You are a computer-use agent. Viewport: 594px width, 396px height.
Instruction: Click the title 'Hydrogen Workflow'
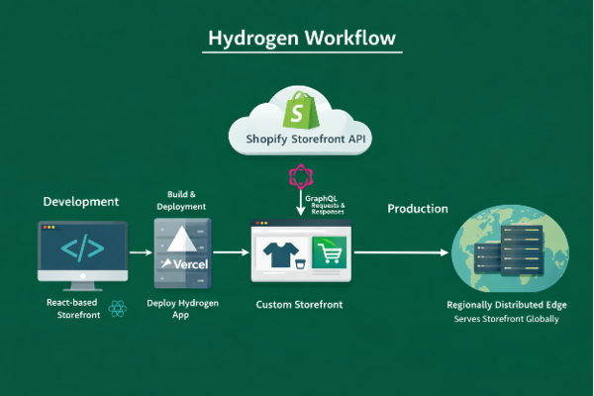coord(302,39)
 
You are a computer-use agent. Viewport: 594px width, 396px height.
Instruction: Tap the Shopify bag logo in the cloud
coord(298,107)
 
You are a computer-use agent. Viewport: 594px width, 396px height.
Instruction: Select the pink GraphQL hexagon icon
coord(299,178)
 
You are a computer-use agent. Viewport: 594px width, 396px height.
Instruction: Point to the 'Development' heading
coord(81,201)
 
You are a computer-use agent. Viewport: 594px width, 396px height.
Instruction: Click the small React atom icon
coord(119,309)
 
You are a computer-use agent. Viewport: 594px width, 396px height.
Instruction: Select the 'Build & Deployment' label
coord(181,200)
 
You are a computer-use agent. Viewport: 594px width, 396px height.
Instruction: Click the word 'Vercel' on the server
coord(184,264)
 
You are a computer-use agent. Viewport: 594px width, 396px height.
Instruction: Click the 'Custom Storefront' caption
coord(299,305)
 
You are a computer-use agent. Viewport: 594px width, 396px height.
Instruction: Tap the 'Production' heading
coord(417,209)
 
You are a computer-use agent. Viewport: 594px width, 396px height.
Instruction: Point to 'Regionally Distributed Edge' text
coord(507,307)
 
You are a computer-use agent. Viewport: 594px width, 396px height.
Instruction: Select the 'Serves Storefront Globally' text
coord(507,320)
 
